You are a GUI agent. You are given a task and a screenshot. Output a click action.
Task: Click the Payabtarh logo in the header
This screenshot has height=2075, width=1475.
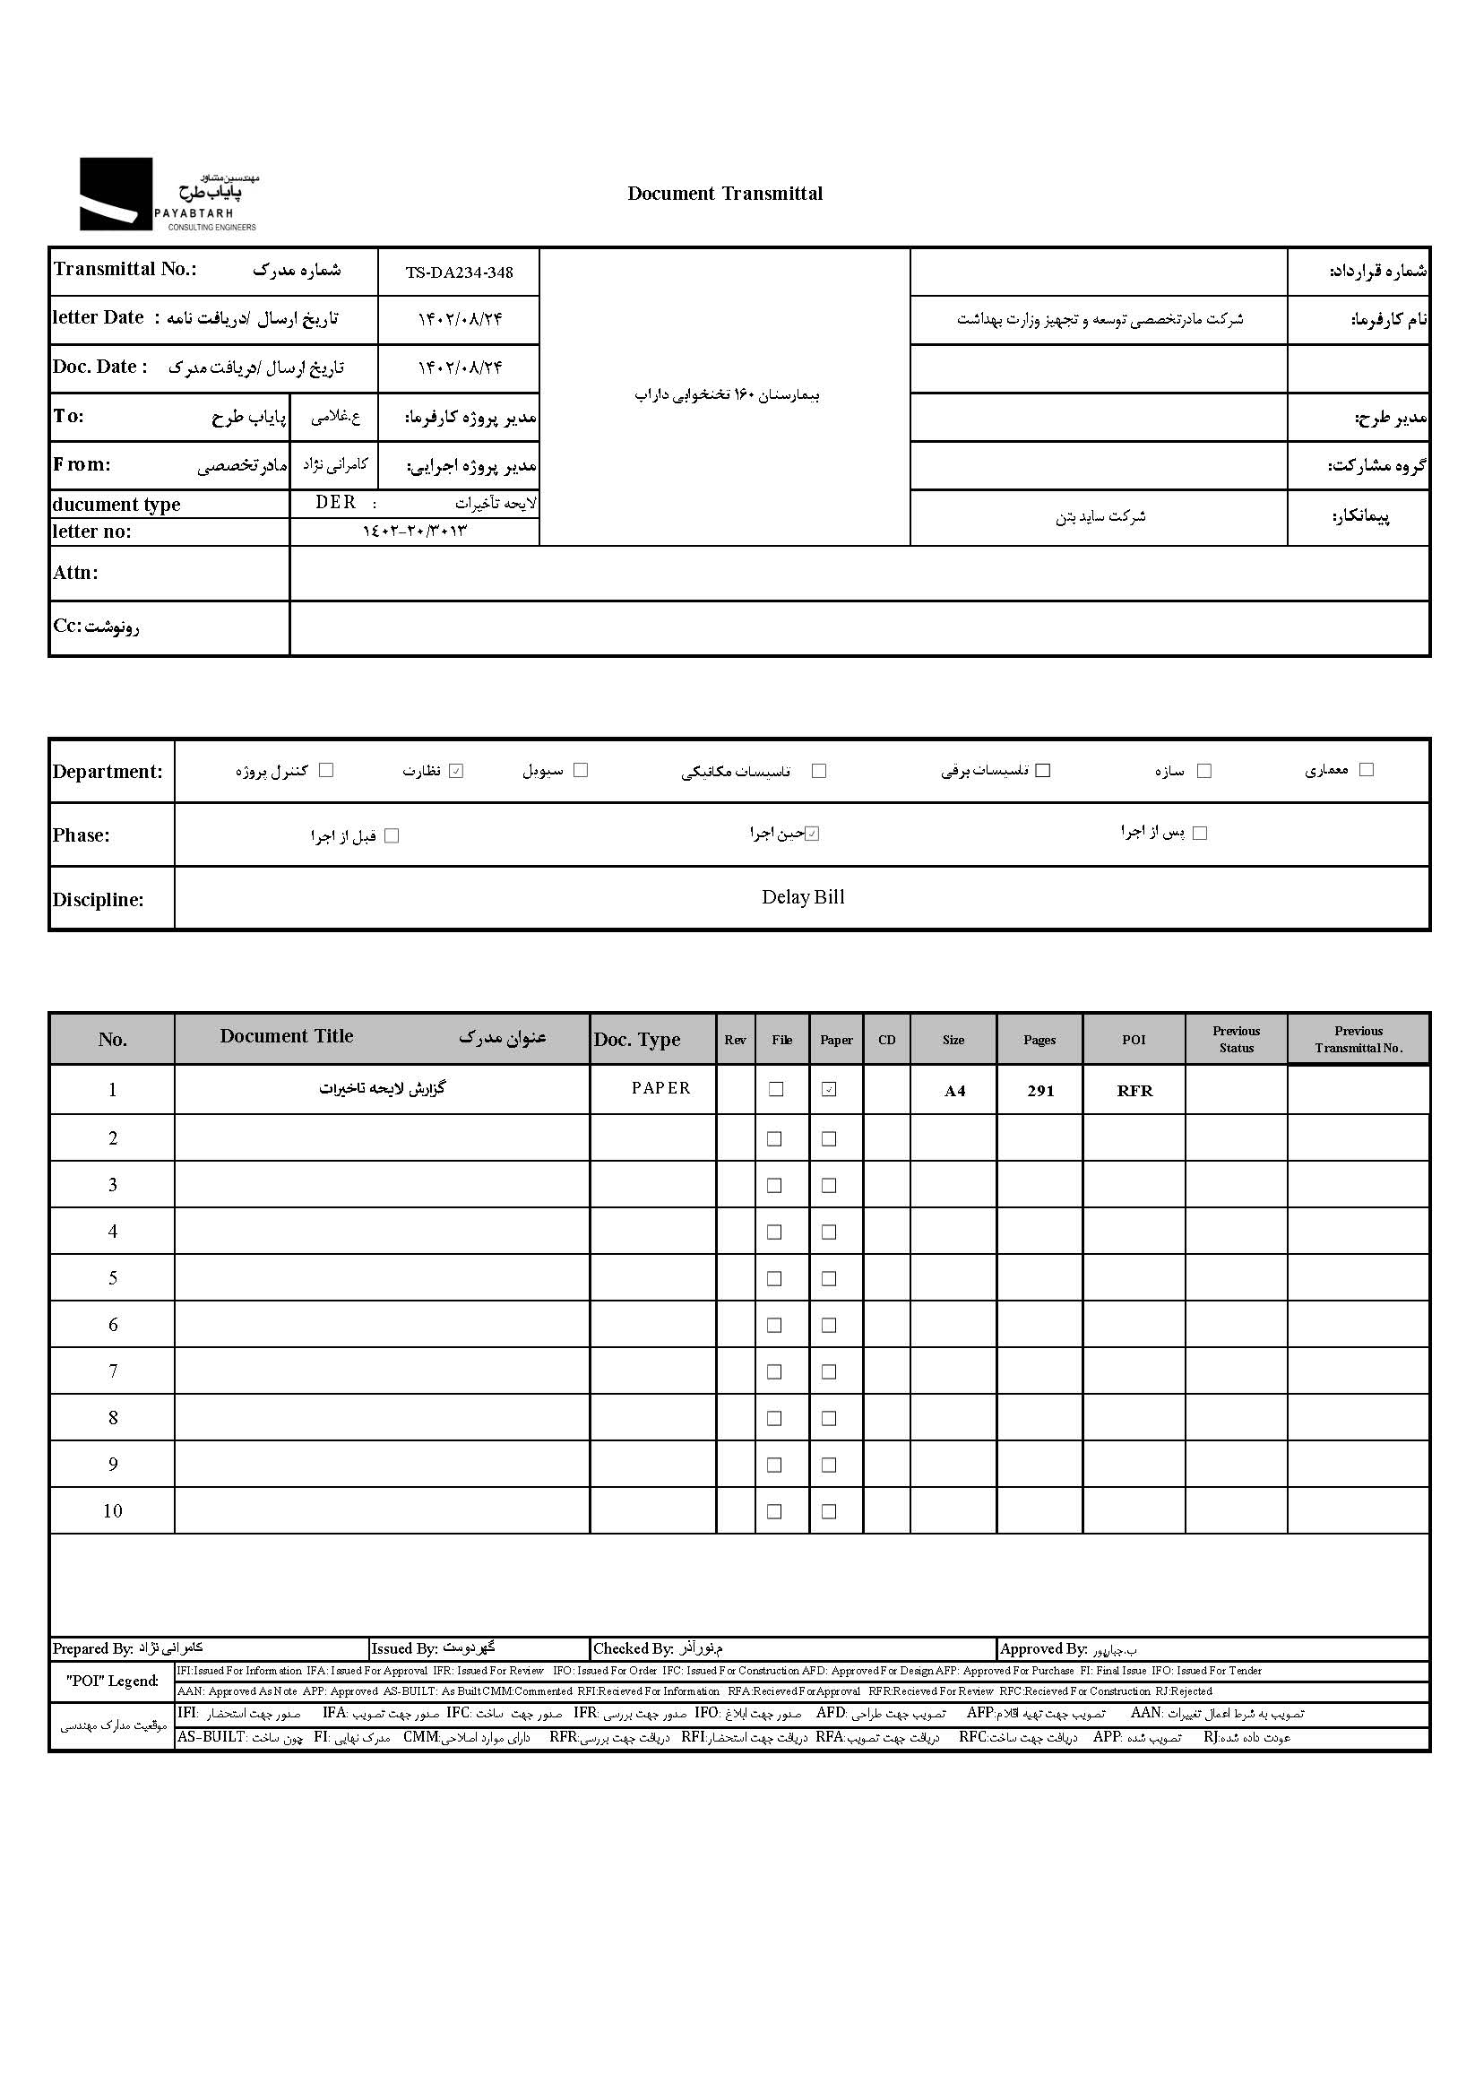click(x=168, y=195)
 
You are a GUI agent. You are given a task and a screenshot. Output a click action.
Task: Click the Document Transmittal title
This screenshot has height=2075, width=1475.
click(x=725, y=194)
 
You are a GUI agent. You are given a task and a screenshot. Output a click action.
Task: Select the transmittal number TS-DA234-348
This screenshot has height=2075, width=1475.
click(x=459, y=272)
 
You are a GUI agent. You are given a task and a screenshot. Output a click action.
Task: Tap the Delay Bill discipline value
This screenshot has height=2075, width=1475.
click(x=803, y=897)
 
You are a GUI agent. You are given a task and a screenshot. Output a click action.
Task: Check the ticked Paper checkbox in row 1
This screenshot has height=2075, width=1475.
click(x=829, y=1089)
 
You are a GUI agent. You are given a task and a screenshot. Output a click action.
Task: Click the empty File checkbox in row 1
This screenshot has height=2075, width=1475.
click(x=776, y=1089)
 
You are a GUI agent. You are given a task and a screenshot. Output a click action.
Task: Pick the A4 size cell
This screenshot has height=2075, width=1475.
click(x=953, y=1091)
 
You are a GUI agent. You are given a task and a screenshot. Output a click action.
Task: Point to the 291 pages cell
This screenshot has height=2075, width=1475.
click(x=1040, y=1091)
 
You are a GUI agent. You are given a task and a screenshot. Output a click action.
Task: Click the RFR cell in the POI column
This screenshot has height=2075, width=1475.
click(x=1134, y=1091)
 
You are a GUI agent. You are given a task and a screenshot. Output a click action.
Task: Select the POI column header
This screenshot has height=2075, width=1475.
click(x=1134, y=1040)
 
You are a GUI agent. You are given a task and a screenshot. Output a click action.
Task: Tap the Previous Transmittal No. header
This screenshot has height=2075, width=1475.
click(x=1359, y=1040)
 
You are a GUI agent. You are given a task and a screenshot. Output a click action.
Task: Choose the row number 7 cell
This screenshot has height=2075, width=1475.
click(x=113, y=1370)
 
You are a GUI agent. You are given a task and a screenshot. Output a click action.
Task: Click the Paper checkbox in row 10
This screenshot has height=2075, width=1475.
click(x=829, y=1512)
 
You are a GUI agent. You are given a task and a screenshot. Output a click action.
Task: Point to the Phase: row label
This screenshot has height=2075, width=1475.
click(x=81, y=834)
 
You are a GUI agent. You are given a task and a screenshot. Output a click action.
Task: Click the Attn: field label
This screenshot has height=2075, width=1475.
click(x=75, y=573)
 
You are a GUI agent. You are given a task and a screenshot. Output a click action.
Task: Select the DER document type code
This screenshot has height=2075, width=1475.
click(x=335, y=503)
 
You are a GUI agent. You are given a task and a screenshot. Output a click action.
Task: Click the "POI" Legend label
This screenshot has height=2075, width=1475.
click(x=112, y=1681)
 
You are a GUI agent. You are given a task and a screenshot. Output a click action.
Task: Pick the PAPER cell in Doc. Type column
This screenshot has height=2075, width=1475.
click(x=660, y=1088)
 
